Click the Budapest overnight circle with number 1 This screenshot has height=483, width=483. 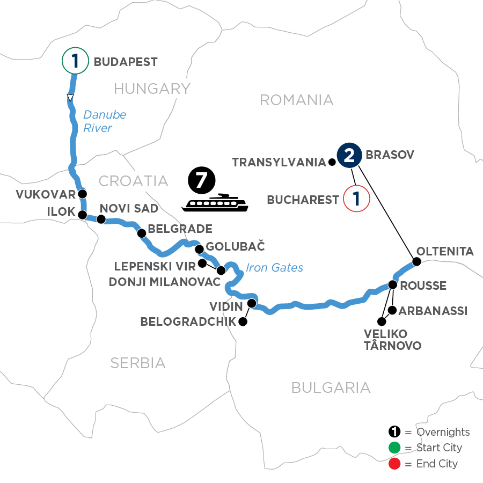pyautogui.click(x=75, y=61)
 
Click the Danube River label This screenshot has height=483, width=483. pyautogui.click(x=98, y=121)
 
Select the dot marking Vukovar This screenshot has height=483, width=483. pyautogui.click(x=82, y=194)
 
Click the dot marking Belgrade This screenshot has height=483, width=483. pyautogui.click(x=142, y=233)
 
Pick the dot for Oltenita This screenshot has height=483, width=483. pyautogui.click(x=416, y=262)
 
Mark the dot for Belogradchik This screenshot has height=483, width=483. pyautogui.click(x=243, y=322)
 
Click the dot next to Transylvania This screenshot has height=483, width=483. pyautogui.click(x=331, y=161)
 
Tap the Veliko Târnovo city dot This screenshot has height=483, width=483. pyautogui.click(x=382, y=322)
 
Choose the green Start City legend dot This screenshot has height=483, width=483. pyautogui.click(x=394, y=448)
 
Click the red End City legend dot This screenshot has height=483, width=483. pyautogui.click(x=394, y=463)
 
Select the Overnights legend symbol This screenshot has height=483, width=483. pyautogui.click(x=394, y=432)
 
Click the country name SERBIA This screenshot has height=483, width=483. pyautogui.click(x=138, y=363)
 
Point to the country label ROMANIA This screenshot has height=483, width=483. pyautogui.click(x=296, y=100)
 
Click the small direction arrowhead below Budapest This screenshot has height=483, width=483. pyautogui.click(x=70, y=98)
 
